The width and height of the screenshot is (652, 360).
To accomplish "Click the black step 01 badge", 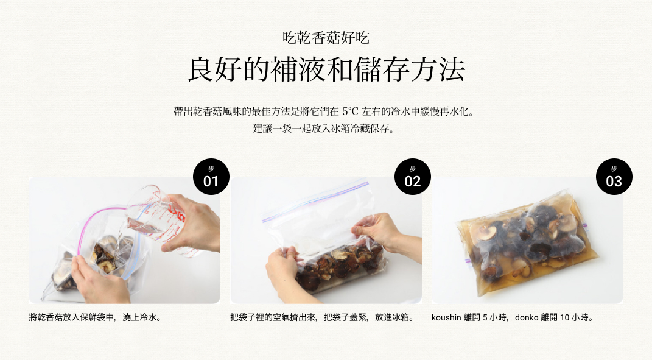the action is coord(211,177).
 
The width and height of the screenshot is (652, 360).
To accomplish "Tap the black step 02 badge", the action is coord(413,177).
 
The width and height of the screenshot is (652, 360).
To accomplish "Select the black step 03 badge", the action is coord(614,177).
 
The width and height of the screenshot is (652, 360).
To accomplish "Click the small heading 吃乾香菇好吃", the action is coord(326,38).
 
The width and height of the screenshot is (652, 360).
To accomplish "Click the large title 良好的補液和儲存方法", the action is coord(326,69).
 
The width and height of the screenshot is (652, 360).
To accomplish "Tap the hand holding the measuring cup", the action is coord(194,224).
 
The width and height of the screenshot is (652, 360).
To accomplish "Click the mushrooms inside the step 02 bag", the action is coord(339,265).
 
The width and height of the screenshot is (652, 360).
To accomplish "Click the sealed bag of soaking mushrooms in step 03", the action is coord(527,242).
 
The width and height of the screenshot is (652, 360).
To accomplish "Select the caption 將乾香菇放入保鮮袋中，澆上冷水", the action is coord(95,317).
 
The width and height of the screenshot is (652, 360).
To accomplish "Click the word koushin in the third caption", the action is coord(446,317).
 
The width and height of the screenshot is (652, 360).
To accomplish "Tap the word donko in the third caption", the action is coord(527,317).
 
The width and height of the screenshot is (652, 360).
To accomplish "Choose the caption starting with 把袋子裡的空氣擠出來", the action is coord(323,317).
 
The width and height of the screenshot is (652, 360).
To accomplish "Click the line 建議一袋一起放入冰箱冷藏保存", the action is coord(323,129).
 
